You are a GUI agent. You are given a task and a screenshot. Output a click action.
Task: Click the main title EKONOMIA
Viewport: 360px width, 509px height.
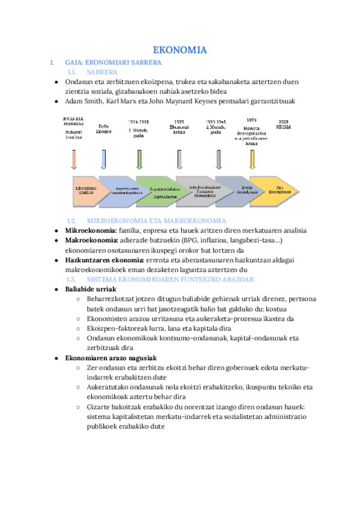tap(179, 50)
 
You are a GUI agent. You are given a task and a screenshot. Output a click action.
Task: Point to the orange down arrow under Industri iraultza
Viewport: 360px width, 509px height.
tap(74, 159)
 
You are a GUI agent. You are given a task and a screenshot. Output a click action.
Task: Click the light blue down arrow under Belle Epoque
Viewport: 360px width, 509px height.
tap(104, 159)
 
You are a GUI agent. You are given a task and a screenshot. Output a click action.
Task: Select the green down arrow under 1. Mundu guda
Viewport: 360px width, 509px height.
tap(140, 159)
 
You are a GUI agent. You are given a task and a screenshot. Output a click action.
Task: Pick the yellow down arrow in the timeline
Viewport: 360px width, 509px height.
tap(252, 159)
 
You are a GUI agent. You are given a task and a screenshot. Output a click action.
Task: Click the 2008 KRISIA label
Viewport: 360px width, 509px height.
tap(284, 124)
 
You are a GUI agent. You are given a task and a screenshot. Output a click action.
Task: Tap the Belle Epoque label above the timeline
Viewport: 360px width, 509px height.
tap(104, 128)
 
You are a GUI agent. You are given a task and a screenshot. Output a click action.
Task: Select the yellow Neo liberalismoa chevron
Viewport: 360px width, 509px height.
tap(273, 190)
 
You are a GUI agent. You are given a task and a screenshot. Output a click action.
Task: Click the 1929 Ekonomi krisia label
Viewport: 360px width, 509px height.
tap(179, 128)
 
